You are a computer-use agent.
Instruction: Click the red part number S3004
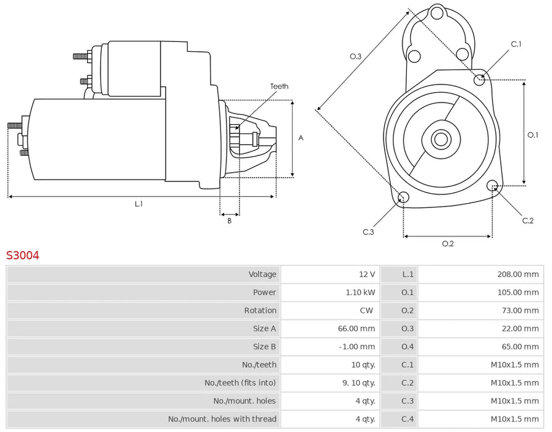click(x=23, y=255)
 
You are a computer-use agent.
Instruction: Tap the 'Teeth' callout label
click(x=279, y=86)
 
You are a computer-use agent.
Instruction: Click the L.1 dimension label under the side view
click(x=139, y=204)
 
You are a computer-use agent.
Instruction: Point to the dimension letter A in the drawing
click(x=301, y=138)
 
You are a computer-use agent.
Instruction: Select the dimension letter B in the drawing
click(x=229, y=220)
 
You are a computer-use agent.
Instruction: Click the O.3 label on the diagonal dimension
click(x=355, y=56)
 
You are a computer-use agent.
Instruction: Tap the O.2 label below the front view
click(x=448, y=244)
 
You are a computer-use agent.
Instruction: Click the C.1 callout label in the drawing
click(x=516, y=44)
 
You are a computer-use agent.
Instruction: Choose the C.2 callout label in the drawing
click(x=527, y=220)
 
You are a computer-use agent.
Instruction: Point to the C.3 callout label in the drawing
click(x=369, y=231)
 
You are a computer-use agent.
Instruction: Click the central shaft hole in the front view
click(x=440, y=139)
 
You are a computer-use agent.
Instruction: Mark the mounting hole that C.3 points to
click(x=403, y=197)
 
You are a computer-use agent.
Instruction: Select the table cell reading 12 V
click(x=367, y=274)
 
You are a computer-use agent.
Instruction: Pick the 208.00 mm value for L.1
click(x=517, y=274)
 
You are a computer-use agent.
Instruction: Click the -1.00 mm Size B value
click(x=358, y=347)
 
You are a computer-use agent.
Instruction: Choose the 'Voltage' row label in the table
click(x=262, y=274)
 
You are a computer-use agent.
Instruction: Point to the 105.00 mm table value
click(x=517, y=292)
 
